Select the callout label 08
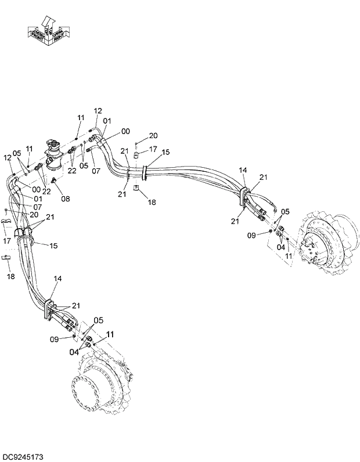(x=66, y=198)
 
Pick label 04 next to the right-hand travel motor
(x=280, y=246)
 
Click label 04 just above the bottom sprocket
(x=74, y=352)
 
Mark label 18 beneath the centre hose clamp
(x=152, y=202)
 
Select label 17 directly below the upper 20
(x=153, y=149)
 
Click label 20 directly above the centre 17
(x=153, y=135)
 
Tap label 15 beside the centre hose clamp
(x=166, y=152)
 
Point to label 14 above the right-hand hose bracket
(x=243, y=170)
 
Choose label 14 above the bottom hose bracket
(x=57, y=279)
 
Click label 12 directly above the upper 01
(x=98, y=111)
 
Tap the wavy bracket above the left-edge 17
(x=7, y=222)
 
